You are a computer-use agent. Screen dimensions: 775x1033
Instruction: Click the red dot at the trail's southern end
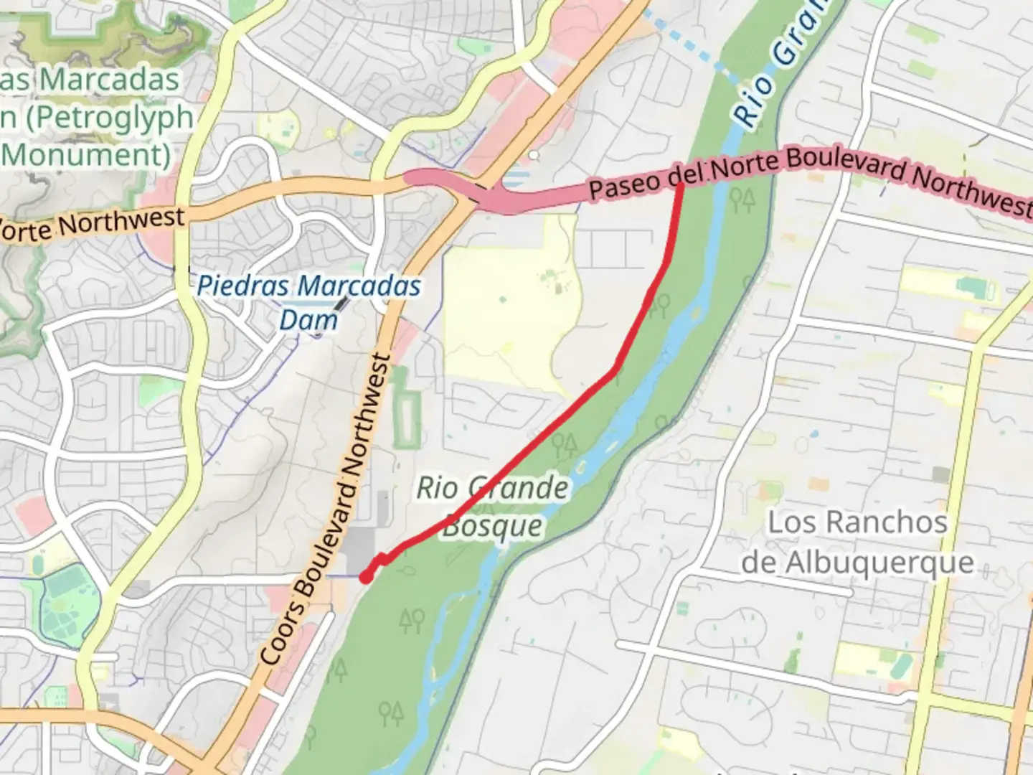pyautogui.click(x=366, y=576)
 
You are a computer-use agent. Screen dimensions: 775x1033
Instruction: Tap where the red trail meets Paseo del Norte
pyautogui.click(x=680, y=185)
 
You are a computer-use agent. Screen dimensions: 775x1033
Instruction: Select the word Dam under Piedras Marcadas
pyautogui.click(x=308, y=320)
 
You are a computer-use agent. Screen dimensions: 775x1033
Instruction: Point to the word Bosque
pyautogui.click(x=492, y=526)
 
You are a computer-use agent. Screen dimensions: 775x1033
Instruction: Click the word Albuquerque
pyautogui.click(x=857, y=563)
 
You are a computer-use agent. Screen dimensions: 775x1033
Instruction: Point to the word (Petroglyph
pyautogui.click(x=108, y=117)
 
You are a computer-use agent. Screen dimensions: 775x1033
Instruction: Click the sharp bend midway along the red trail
pyautogui.click(x=615, y=371)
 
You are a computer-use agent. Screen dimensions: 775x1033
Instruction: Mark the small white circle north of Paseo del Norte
pyautogui.click(x=533, y=155)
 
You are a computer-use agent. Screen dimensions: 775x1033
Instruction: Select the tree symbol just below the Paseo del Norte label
pyautogui.click(x=742, y=199)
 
